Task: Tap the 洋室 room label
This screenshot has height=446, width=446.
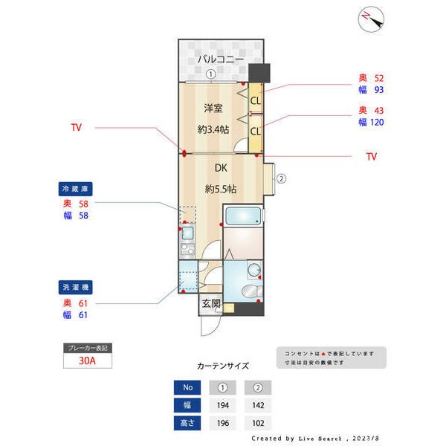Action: click(213, 109)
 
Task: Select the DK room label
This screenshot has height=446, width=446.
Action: click(222, 167)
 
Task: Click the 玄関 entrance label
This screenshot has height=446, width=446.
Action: click(211, 303)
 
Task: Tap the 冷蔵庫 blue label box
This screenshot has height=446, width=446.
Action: click(77, 190)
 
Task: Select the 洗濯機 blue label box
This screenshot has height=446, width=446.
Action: click(77, 287)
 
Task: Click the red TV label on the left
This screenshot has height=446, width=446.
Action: click(76, 128)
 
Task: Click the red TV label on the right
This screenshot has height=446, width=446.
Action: click(372, 157)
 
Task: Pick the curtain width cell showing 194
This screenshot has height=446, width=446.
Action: click(223, 405)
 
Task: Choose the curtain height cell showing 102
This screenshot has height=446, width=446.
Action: click(258, 423)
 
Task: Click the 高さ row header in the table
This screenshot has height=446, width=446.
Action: click(187, 423)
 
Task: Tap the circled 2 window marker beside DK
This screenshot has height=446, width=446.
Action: click(282, 178)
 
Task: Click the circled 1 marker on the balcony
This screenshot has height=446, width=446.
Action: click(211, 74)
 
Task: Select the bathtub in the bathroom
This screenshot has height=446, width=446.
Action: click(242, 218)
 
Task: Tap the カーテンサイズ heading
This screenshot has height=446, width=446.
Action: click(223, 366)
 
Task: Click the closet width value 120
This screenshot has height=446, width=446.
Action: click(376, 122)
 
